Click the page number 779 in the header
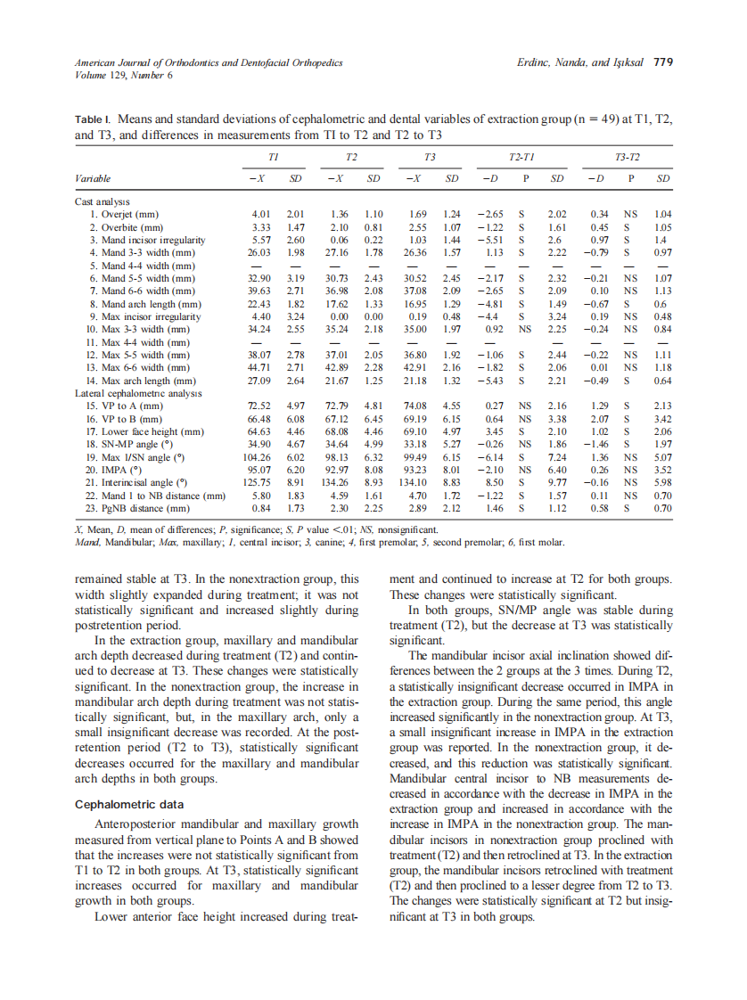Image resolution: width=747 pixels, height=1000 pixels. point(663,62)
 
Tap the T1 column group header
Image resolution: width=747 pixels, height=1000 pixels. point(275,156)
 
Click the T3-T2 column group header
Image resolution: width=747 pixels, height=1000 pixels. point(628,156)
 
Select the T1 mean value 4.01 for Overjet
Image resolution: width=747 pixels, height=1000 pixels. point(260,215)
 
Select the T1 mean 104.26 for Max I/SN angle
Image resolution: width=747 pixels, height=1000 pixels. point(257,456)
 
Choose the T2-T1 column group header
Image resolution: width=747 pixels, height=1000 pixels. point(521,156)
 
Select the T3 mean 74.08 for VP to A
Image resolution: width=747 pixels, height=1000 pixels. point(416,406)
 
